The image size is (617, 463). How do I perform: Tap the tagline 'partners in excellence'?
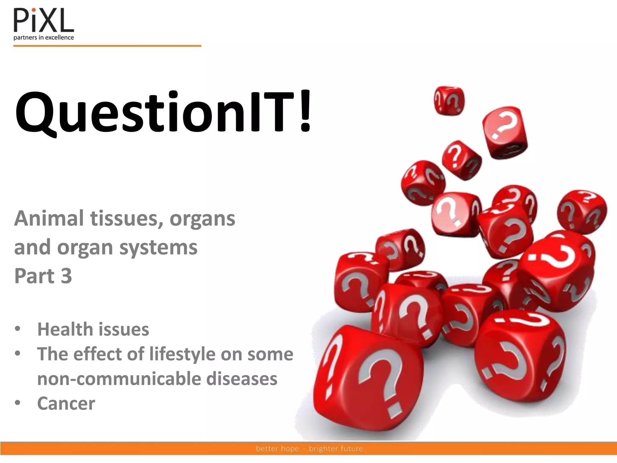pos(44,38)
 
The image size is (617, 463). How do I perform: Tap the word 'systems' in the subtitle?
pos(158,247)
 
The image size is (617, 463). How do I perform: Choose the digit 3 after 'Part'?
pos(66,276)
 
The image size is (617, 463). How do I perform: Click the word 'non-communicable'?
pos(119,379)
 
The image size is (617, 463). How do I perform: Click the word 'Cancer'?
pos(66,403)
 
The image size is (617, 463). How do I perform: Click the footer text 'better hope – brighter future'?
pos(309,448)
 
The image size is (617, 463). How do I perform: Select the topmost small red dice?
pos(449,100)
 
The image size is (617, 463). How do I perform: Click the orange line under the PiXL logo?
pos(107,46)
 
